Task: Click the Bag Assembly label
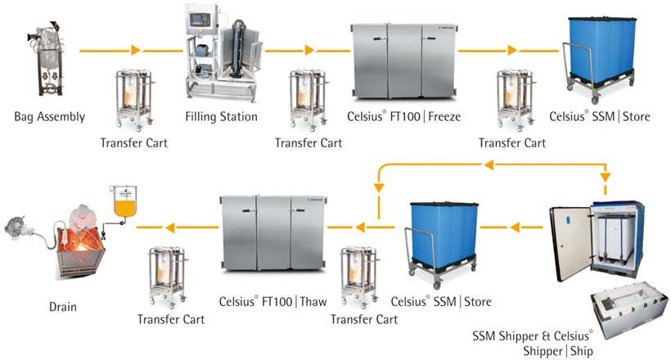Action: pos(49,117)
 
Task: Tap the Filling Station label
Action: pos(221,117)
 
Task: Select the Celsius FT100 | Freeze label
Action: pos(404,117)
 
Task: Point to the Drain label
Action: pos(62,308)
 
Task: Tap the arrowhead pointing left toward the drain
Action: pos(169,226)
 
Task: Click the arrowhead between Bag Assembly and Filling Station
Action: pos(136,51)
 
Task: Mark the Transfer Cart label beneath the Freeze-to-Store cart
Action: pos(512,143)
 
